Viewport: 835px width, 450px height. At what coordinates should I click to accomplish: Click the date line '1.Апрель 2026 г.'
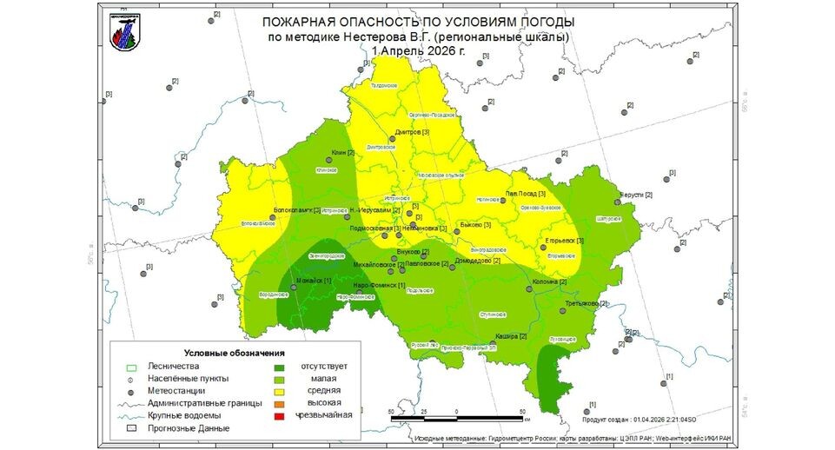[418, 51]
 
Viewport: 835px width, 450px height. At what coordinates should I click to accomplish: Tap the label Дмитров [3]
[413, 132]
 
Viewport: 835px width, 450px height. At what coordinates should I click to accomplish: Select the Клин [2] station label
[344, 153]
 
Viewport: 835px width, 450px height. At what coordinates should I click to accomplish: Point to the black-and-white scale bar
[457, 419]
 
